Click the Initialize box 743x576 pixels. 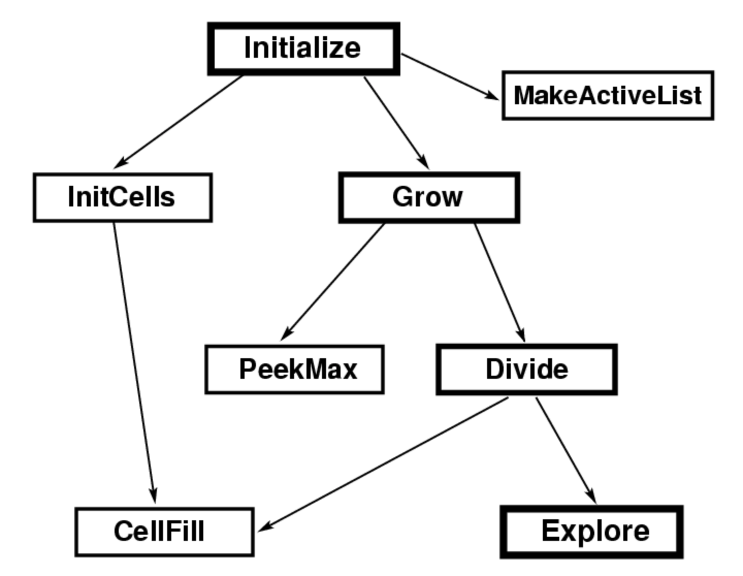click(x=303, y=49)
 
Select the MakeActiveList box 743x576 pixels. click(x=608, y=95)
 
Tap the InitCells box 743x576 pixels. click(x=123, y=198)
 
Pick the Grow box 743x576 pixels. click(x=429, y=198)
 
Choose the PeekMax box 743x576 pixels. click(x=295, y=370)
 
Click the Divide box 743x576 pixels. click(x=527, y=370)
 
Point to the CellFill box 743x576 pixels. click(x=165, y=532)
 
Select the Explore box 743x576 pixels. click(x=592, y=532)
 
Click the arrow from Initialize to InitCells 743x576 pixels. click(x=179, y=122)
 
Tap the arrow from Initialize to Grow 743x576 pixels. click(x=396, y=122)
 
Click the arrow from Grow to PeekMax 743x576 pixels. click(x=333, y=281)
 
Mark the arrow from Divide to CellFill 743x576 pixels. click(x=384, y=463)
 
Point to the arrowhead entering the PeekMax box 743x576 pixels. click(x=286, y=335)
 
